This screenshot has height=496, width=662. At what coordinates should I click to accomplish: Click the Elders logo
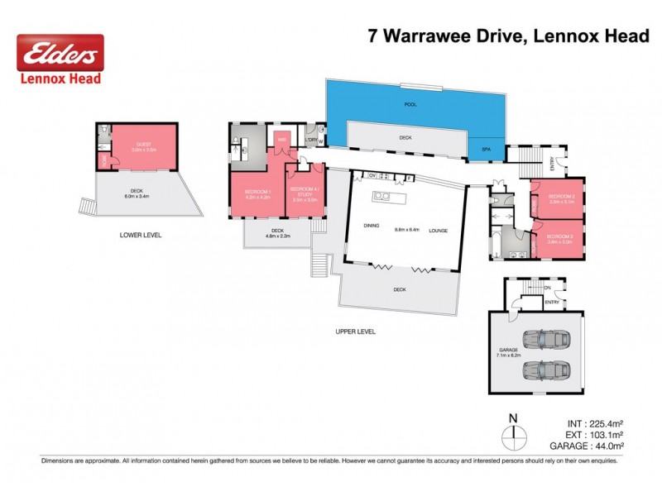click(60, 55)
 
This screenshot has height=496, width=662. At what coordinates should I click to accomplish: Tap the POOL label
click(410, 105)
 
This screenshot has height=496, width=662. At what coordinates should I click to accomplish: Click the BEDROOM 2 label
click(560, 196)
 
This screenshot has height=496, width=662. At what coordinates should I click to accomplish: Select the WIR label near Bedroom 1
click(281, 141)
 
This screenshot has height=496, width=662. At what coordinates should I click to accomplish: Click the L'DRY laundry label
click(311, 141)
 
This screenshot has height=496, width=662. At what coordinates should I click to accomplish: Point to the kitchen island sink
click(382, 197)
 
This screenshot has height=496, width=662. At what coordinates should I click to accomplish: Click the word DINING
click(370, 230)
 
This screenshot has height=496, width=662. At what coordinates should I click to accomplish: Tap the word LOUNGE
click(438, 230)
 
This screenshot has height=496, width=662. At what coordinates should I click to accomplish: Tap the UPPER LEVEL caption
click(356, 331)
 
